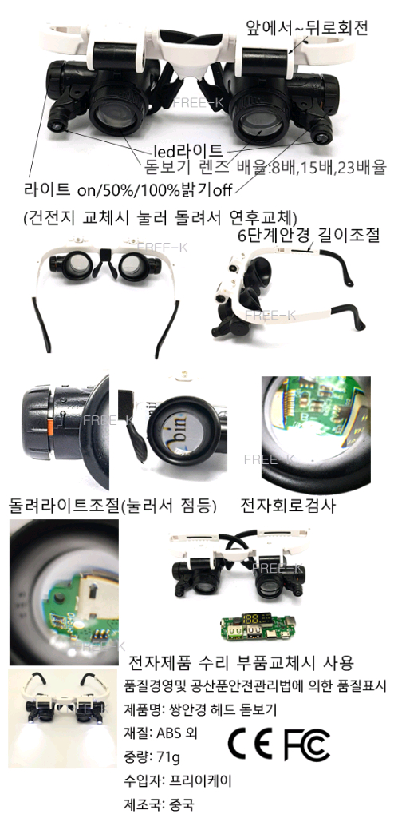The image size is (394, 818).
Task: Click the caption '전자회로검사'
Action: [x=288, y=506]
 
